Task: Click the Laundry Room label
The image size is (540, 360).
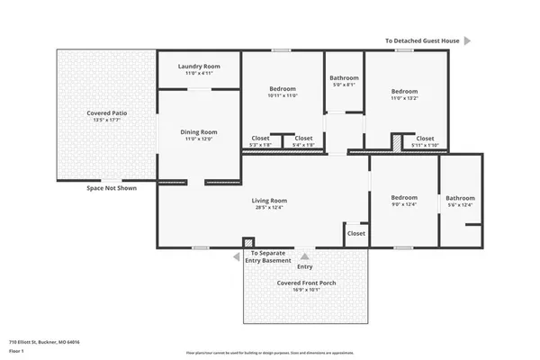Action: (198, 67)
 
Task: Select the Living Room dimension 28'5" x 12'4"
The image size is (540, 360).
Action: (269, 208)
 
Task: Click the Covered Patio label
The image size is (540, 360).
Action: (106, 112)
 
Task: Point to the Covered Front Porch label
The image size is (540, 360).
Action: (305, 283)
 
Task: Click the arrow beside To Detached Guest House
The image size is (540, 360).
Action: (468, 40)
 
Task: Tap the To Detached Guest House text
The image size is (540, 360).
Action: (421, 40)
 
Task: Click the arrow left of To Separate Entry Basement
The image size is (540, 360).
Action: (236, 257)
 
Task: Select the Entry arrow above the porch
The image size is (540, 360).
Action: (305, 256)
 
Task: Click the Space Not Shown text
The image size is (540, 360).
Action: (112, 188)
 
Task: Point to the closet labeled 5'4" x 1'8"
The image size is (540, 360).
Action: (304, 139)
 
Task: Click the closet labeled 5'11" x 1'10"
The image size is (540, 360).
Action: (424, 139)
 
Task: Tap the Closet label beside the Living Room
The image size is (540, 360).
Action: (356, 233)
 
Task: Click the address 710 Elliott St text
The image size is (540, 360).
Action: (45, 342)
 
